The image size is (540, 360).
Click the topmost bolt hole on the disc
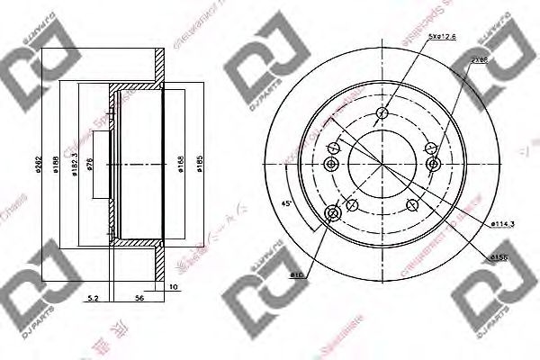pos(382,112)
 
